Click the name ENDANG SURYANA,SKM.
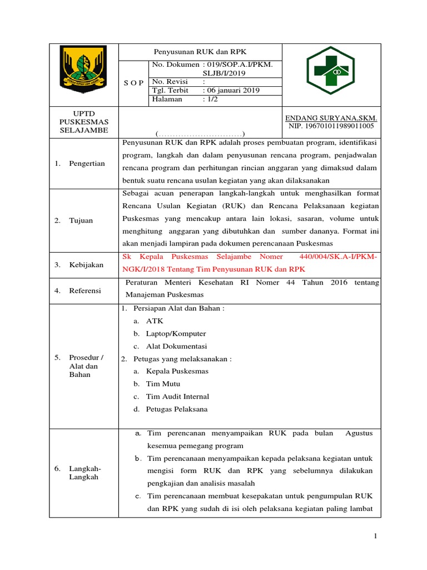click(x=331, y=118)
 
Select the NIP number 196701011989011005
click(x=331, y=126)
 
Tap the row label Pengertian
click(x=87, y=163)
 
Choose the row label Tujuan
click(x=81, y=220)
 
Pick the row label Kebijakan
click(x=86, y=265)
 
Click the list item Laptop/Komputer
click(x=176, y=333)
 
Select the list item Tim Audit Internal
click(x=177, y=396)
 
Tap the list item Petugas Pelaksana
click(x=177, y=409)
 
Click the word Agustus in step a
click(x=359, y=433)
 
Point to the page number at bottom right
click(x=375, y=536)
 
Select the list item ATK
click(x=155, y=321)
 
